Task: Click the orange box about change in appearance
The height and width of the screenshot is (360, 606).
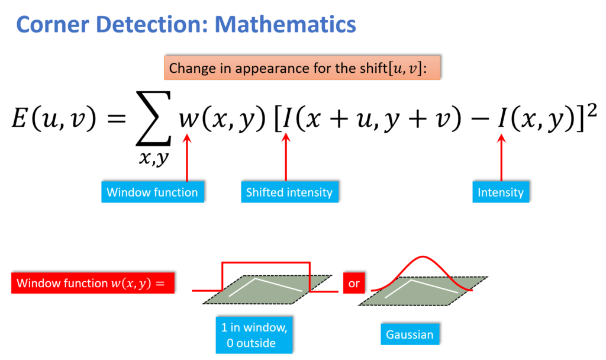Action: [x=302, y=68]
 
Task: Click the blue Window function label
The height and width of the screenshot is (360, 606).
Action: [x=152, y=192]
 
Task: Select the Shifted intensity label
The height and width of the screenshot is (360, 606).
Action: [x=289, y=192]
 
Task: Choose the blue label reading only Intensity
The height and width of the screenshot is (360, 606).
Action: [x=501, y=192]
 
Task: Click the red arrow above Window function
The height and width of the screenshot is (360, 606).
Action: [x=187, y=157]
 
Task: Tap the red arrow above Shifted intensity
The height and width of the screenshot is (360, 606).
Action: [x=286, y=157]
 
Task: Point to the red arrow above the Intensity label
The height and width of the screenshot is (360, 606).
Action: [x=501, y=157]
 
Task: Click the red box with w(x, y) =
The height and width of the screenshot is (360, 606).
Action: [x=92, y=283]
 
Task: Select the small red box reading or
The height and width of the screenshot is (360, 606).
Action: [x=354, y=283]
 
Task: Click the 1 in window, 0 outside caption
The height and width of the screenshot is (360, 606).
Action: [x=254, y=335]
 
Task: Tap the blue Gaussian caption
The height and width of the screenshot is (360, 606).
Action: [x=410, y=335]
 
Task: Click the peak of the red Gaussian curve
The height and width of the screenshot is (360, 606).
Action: [x=422, y=256]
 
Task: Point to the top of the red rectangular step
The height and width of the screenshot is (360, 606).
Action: [x=266, y=262]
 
